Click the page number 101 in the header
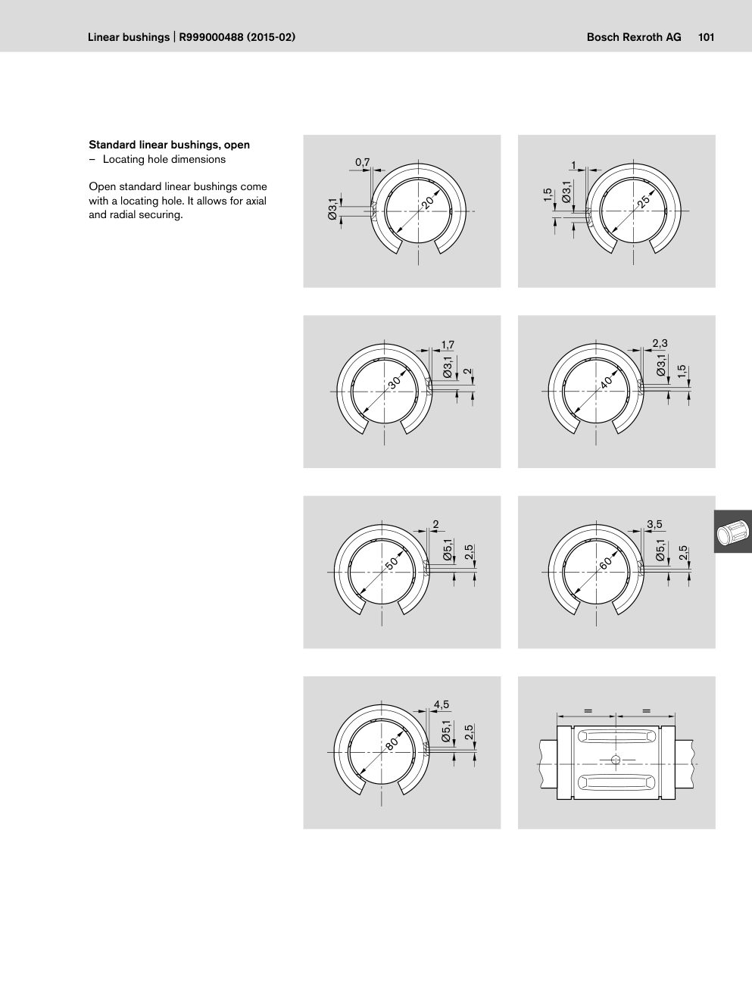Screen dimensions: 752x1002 706,37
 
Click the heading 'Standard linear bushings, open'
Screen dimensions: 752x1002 170,145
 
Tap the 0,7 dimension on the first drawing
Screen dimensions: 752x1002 363,163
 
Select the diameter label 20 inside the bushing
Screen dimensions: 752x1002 428,201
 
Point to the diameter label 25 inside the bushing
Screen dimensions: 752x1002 644,201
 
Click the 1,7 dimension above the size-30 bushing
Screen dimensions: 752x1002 448,345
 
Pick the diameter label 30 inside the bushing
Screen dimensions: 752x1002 395,382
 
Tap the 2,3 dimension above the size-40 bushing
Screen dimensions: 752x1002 660,343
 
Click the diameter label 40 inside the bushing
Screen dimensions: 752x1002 606,382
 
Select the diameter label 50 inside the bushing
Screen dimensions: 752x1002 392,562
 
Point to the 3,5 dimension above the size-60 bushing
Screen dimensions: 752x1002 654,524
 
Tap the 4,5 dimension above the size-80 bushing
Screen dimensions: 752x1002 442,704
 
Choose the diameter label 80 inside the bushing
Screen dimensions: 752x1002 392,743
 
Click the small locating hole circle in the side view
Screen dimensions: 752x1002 616,760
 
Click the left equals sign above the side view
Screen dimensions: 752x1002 588,710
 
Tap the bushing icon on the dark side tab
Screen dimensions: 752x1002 733,532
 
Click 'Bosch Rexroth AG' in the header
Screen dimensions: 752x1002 634,37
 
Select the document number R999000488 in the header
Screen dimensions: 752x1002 211,37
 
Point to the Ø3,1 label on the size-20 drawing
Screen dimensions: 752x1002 332,210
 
